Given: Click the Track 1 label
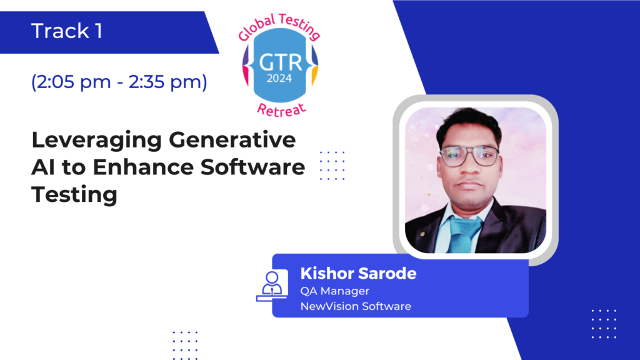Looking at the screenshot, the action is [66, 31].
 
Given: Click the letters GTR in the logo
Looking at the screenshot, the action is [281, 63].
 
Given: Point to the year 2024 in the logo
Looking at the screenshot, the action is [279, 78].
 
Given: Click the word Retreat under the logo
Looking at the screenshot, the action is [282, 110].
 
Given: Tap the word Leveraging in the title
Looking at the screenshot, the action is [97, 141].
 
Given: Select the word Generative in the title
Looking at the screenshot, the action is [232, 139].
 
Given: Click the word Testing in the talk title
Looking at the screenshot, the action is [74, 195].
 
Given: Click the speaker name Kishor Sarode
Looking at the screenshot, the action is [358, 273].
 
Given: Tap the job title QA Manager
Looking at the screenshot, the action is [335, 291].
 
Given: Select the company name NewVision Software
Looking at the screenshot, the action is [356, 306].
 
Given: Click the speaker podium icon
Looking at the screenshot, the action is [272, 286].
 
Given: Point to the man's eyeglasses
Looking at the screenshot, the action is [469, 156].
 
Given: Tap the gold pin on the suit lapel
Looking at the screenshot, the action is [422, 234].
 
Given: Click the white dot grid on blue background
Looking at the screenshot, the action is [604, 324].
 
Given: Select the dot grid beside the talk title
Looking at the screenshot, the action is [332, 165].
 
